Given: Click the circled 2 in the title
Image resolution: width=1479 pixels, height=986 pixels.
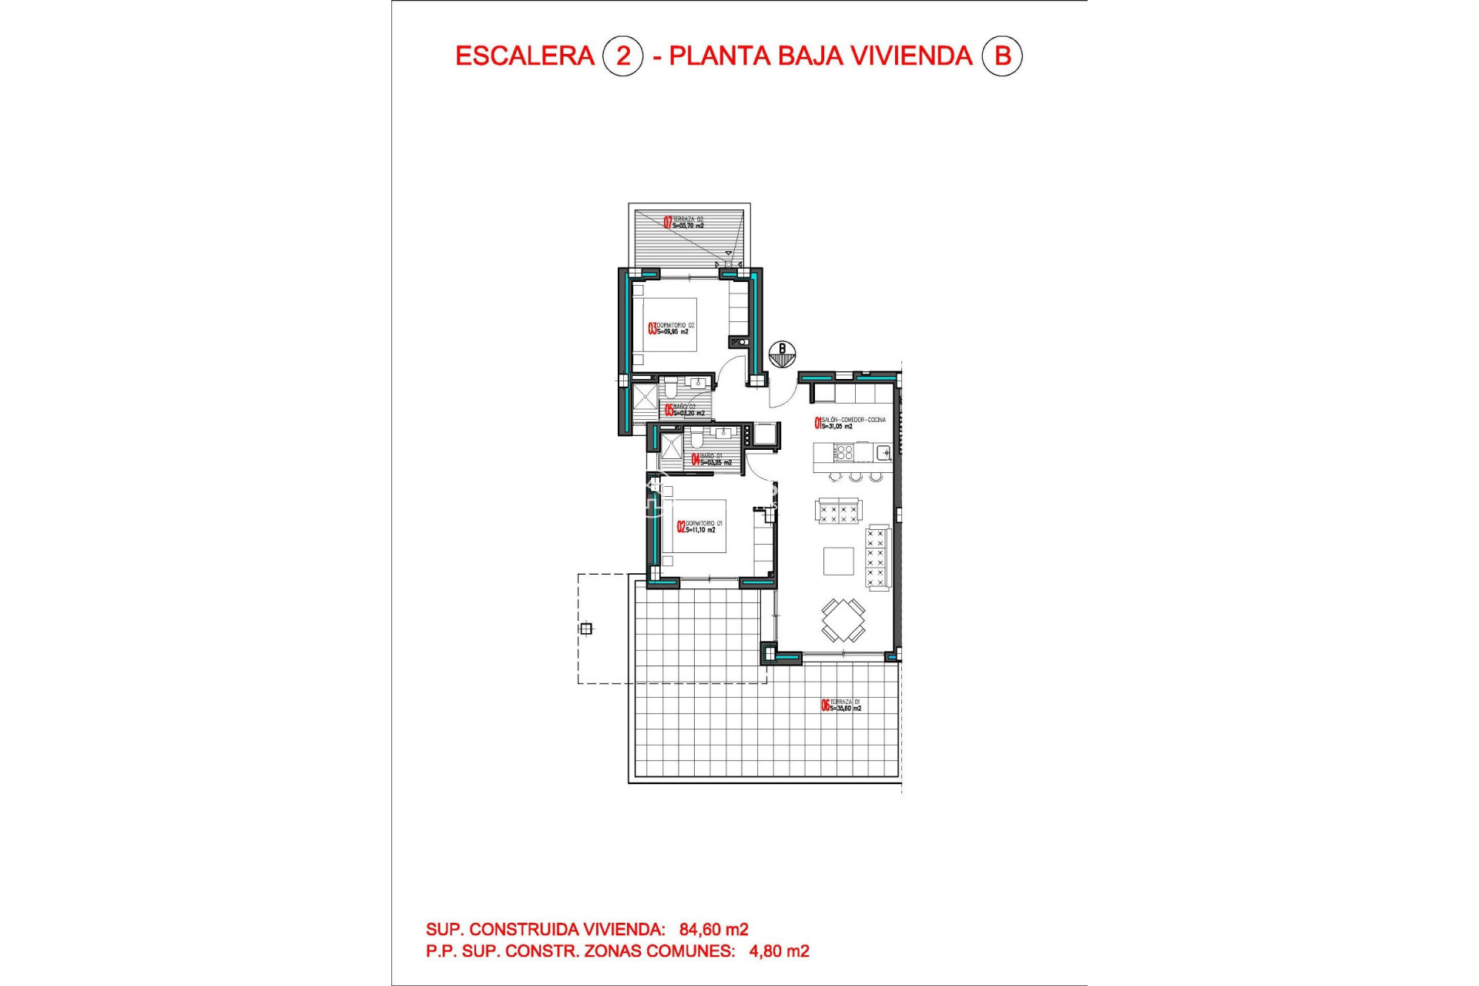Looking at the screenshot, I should click(622, 56).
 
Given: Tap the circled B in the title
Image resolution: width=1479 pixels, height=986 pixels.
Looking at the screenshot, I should click(1002, 56).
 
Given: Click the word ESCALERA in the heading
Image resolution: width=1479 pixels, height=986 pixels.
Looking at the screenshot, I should click(525, 56).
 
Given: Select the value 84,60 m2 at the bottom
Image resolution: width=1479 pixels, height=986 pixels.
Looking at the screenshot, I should click(713, 930).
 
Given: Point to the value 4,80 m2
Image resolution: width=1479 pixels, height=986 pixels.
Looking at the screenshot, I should click(779, 951).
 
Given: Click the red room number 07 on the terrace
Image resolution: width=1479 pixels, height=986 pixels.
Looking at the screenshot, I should click(668, 223).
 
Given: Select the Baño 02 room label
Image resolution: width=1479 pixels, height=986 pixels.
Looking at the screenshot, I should click(684, 410).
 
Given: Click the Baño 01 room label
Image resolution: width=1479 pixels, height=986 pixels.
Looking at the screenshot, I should click(711, 459).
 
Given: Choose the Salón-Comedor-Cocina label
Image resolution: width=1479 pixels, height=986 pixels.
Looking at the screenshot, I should click(850, 423).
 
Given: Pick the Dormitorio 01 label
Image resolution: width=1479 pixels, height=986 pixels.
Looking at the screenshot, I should click(700, 527).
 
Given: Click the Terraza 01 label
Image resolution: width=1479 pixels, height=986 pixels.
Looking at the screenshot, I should click(841, 705).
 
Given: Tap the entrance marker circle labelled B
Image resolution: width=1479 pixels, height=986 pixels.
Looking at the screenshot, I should click(782, 354).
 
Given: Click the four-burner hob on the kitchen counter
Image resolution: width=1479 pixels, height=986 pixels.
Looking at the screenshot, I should click(844, 451).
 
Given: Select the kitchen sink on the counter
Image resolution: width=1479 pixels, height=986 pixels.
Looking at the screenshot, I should click(884, 452).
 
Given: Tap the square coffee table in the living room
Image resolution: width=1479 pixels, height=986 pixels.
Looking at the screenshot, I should click(838, 561).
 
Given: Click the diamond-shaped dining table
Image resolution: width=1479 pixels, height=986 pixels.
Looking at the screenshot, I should click(843, 619).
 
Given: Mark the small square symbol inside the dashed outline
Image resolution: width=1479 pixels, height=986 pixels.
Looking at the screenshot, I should click(586, 629).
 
